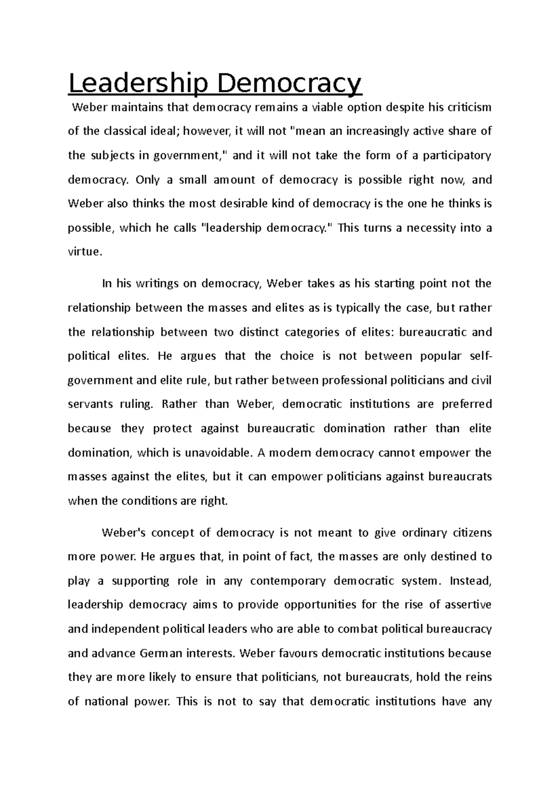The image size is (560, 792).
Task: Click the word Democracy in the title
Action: pyautogui.click(x=288, y=84)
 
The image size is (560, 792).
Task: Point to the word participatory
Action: pyautogui.click(x=457, y=155)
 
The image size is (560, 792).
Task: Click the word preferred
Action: pyautogui.click(x=467, y=404)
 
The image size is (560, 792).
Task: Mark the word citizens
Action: pyautogui.click(x=472, y=533)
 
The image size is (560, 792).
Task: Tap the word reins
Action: pyautogui.click(x=480, y=677)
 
